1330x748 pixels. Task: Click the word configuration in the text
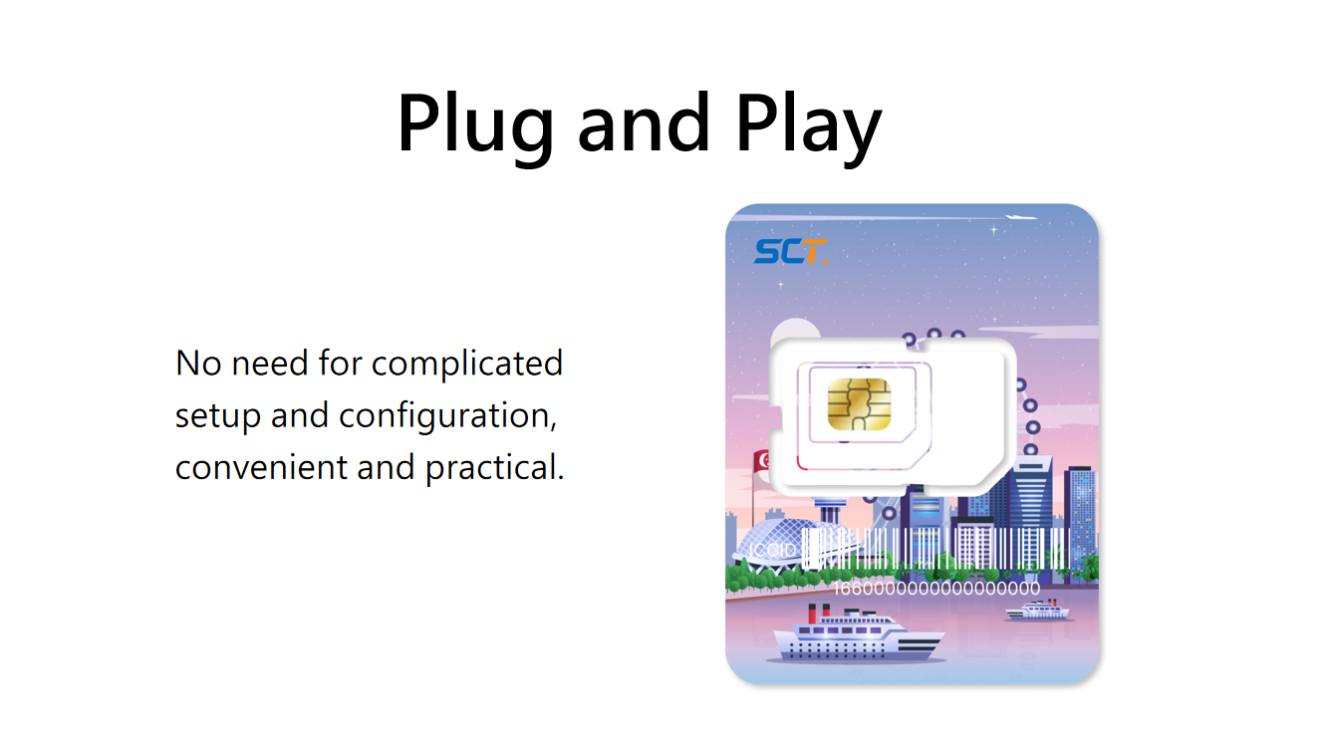[x=447, y=416]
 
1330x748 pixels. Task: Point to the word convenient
[x=261, y=467]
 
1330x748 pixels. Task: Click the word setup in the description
[x=218, y=416]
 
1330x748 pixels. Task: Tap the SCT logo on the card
[x=790, y=251]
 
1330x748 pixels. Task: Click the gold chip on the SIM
[x=859, y=404]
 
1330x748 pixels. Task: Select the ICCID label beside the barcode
[x=772, y=551]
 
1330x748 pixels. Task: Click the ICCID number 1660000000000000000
[x=936, y=589]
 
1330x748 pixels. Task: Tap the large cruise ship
[x=858, y=635]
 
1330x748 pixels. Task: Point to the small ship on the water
[x=1038, y=611]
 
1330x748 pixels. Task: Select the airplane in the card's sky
[x=1020, y=217]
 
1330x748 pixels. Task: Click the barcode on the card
[x=935, y=549]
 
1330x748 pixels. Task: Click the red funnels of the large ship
[x=819, y=613]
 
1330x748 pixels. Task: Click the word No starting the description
[x=198, y=364]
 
